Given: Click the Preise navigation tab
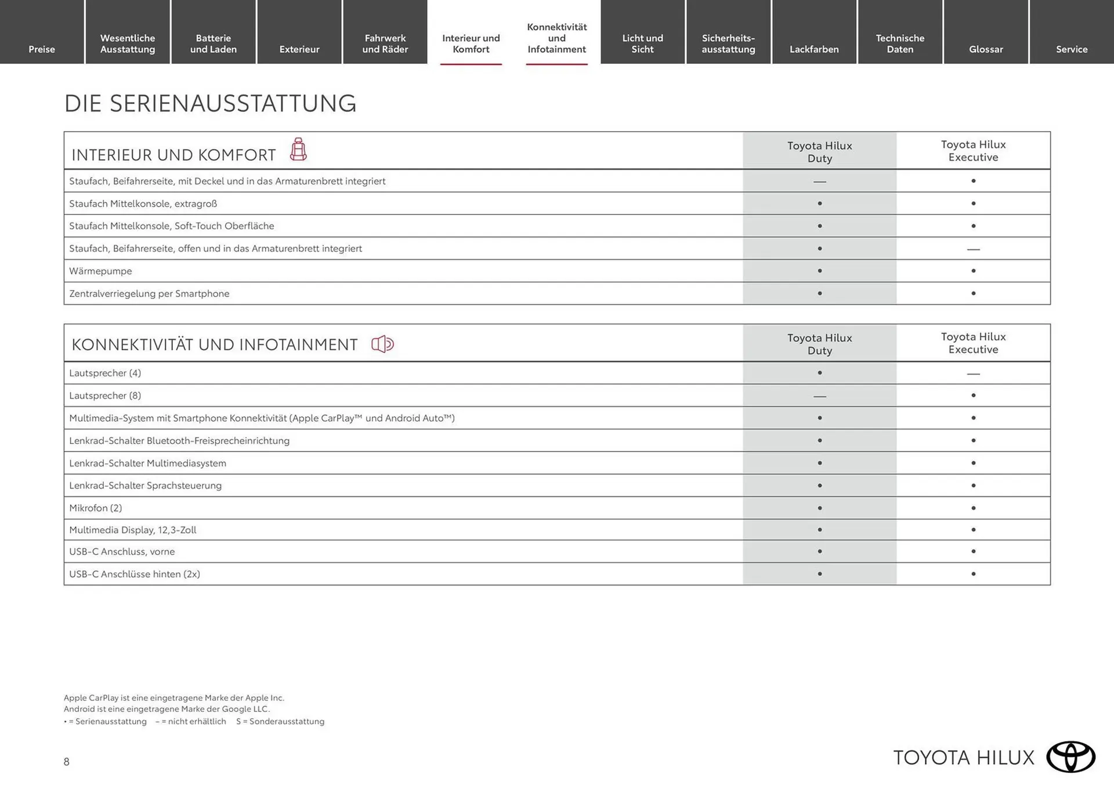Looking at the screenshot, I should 42,49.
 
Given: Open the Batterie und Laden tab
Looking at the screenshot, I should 214,44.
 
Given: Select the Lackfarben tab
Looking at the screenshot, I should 814,49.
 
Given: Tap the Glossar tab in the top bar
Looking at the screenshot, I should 986,49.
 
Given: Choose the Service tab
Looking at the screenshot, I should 1071,49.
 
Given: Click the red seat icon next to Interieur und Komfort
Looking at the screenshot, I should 298,150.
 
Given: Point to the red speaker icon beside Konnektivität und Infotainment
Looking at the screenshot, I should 382,344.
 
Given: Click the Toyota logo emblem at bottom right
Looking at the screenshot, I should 1070,757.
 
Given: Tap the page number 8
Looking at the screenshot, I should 67,762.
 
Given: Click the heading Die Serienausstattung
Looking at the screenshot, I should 210,103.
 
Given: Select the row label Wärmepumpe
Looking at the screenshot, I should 100,271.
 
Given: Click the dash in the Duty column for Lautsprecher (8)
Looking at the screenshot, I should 819,396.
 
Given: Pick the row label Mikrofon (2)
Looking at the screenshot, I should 96,508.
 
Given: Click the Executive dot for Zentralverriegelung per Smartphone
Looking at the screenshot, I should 973,294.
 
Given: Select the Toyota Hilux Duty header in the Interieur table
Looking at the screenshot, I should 819,151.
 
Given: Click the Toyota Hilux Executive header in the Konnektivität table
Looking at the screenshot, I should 973,343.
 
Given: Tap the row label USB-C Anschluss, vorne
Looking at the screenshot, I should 122,551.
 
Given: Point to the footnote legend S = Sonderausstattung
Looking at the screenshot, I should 280,721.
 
